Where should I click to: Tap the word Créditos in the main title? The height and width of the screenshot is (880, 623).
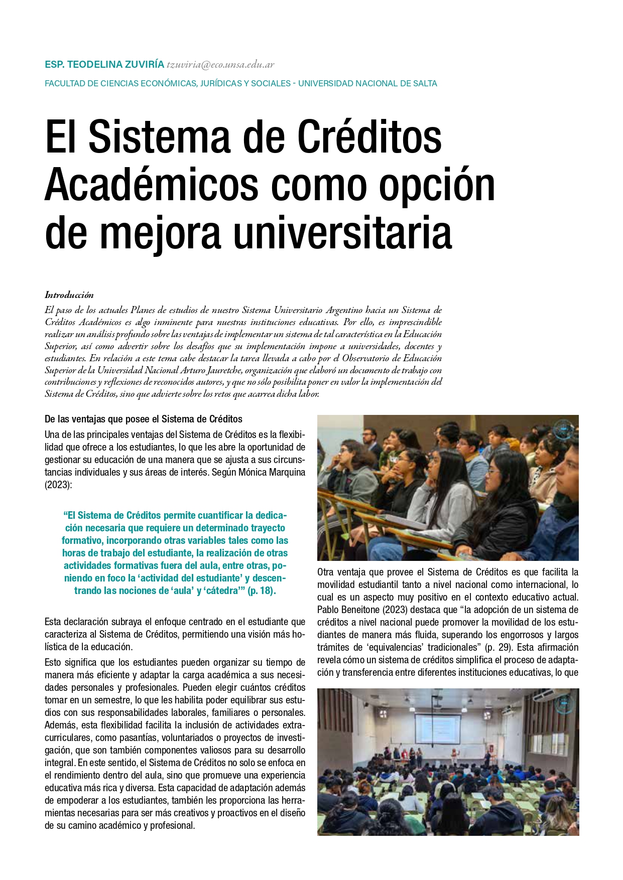pyautogui.click(x=369, y=137)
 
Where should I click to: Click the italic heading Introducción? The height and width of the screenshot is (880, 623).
pyautogui.click(x=69, y=295)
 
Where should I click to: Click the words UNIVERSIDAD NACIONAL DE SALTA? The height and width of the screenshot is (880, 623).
pyautogui.click(x=367, y=83)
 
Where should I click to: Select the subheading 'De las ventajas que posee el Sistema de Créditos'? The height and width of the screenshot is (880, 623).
pyautogui.click(x=144, y=419)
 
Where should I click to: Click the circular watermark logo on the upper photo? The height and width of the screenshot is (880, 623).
pyautogui.click(x=563, y=430)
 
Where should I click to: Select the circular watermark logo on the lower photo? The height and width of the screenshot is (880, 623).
pyautogui.click(x=564, y=703)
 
